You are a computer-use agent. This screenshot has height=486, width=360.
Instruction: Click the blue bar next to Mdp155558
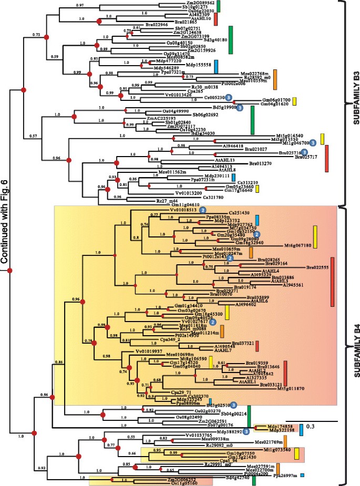(x=216, y=65)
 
